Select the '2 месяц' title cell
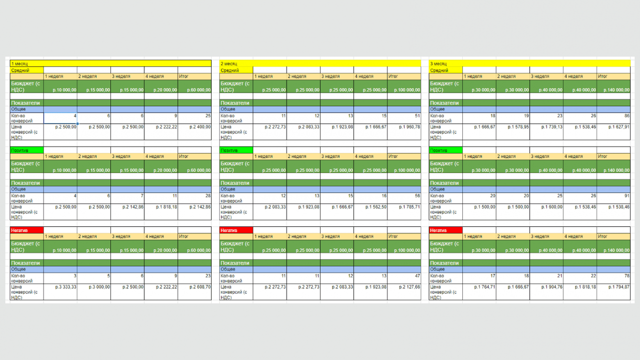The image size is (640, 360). point(229,64)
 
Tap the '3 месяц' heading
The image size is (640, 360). point(438,64)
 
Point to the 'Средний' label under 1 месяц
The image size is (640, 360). point(21,70)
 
